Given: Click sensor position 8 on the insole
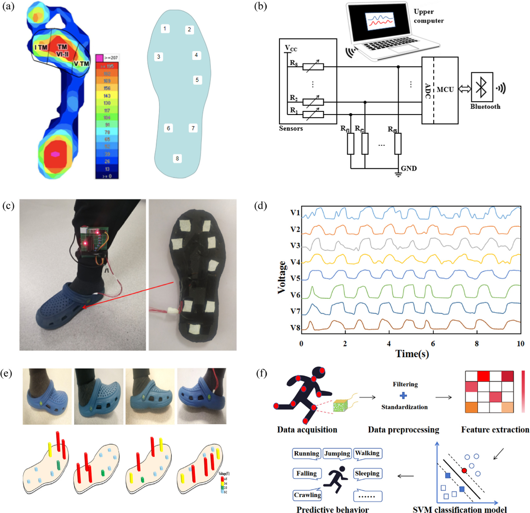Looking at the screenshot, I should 177,158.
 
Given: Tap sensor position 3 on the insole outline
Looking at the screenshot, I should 159,57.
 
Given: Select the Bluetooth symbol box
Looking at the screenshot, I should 482,87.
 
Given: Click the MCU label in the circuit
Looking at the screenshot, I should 445,90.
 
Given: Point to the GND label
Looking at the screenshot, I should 409,168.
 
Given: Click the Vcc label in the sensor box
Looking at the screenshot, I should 291,48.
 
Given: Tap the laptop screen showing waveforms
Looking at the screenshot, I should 380,22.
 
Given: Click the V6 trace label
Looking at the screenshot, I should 295,295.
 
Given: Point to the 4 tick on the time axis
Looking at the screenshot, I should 389,343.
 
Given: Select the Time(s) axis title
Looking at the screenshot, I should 412,354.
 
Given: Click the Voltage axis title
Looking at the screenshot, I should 281,277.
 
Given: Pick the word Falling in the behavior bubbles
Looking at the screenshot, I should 306,473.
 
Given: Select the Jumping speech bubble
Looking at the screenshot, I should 337,453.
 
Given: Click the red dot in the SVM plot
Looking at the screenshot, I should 464,470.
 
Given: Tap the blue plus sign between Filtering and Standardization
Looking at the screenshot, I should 403,396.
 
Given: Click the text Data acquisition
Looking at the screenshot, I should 307,429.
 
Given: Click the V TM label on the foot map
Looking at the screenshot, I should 81,64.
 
